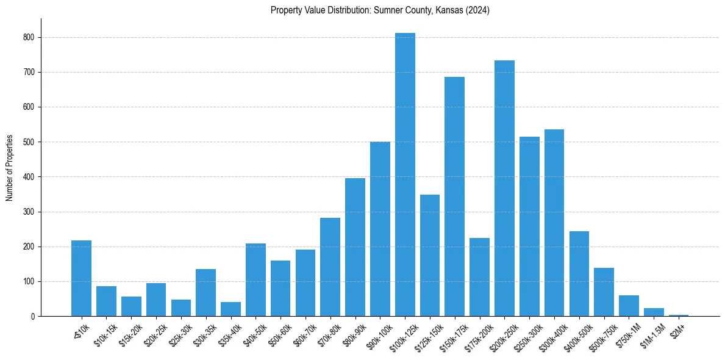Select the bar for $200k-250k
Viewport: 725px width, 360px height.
[504, 189]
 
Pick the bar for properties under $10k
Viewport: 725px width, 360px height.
[81, 278]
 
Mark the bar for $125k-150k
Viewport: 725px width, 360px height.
[430, 256]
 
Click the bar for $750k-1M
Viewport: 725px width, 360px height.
[629, 306]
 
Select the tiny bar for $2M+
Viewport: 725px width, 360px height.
[679, 315]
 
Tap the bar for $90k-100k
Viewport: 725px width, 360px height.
[380, 229]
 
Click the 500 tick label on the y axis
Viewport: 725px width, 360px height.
[31, 142]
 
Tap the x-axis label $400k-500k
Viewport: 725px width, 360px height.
[576, 335]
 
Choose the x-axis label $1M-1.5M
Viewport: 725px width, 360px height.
[651, 334]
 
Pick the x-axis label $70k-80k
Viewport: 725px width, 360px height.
[327, 335]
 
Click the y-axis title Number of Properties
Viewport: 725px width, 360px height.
[9, 168]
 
